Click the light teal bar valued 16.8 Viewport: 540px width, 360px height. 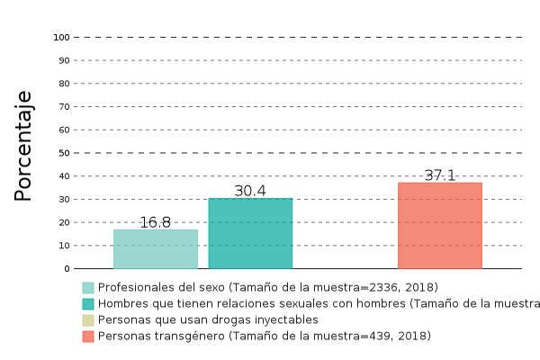156,249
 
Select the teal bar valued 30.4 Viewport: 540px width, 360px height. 250,233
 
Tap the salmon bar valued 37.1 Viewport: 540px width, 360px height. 440,226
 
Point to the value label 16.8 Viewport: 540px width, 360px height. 156,222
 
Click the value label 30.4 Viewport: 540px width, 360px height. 250,191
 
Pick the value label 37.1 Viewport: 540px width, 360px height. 440,175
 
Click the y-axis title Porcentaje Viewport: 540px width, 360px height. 23,146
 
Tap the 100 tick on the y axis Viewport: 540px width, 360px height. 61,38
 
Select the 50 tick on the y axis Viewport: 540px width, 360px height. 64,153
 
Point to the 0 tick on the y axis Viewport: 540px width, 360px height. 67,268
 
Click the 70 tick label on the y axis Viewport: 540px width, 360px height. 64,107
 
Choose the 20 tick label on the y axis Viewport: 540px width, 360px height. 64,222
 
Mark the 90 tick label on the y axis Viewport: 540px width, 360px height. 64,60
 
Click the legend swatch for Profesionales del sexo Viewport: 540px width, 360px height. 88,288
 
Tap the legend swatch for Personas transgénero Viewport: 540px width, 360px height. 88,337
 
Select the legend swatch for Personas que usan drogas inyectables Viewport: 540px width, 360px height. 88,320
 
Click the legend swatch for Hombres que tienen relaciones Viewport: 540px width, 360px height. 88,304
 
